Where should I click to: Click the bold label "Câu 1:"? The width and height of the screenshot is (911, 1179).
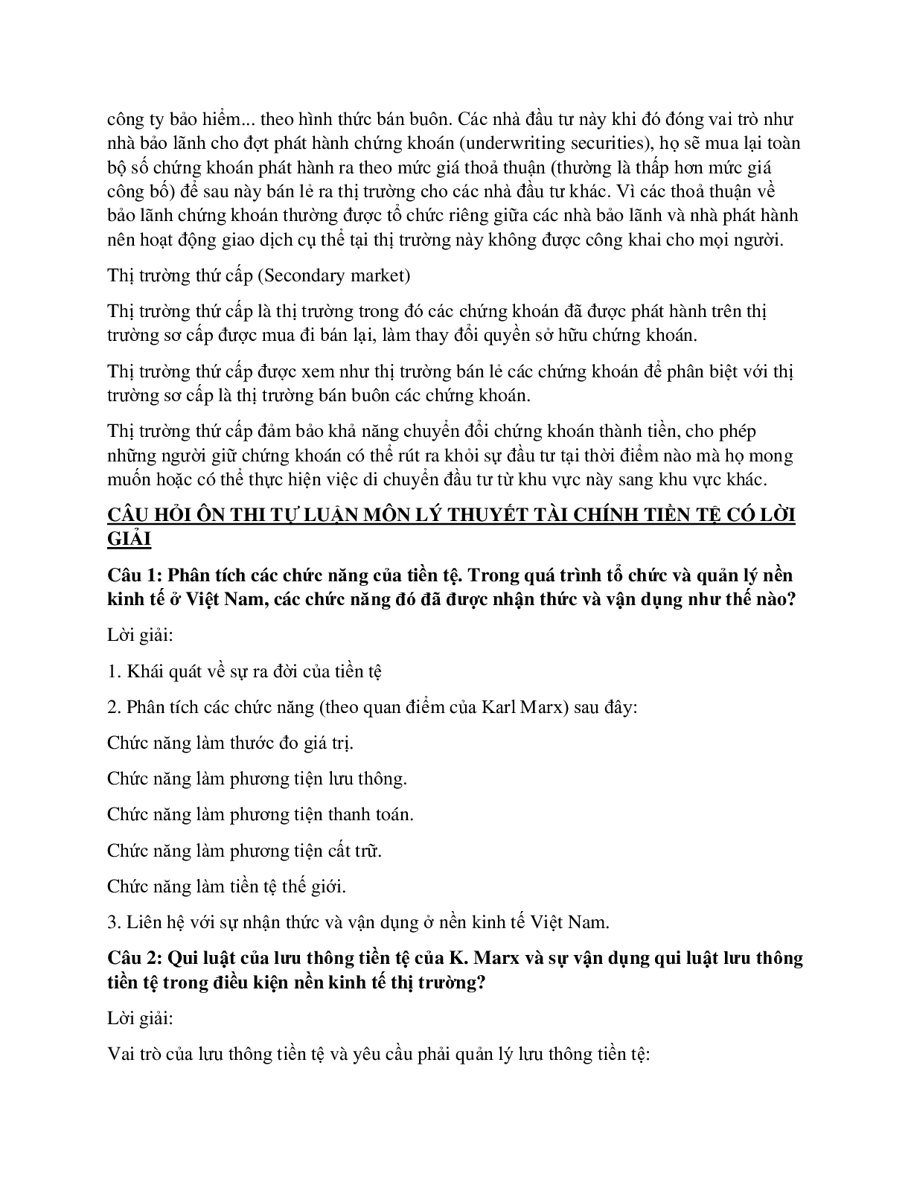(x=135, y=575)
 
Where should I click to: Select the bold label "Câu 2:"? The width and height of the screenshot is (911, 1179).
(x=135, y=958)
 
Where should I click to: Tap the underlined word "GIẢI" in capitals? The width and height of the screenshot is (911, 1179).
(x=130, y=540)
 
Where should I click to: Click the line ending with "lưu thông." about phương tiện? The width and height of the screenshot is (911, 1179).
(x=257, y=779)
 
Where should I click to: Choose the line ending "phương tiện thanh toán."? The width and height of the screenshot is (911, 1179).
(x=260, y=814)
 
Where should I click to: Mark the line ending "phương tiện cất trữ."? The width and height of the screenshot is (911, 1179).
(x=244, y=850)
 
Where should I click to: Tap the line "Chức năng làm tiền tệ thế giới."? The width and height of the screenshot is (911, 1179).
(x=227, y=886)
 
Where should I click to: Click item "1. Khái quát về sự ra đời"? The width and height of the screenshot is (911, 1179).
(x=244, y=671)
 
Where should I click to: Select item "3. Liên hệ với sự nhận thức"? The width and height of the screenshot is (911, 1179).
(x=358, y=922)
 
